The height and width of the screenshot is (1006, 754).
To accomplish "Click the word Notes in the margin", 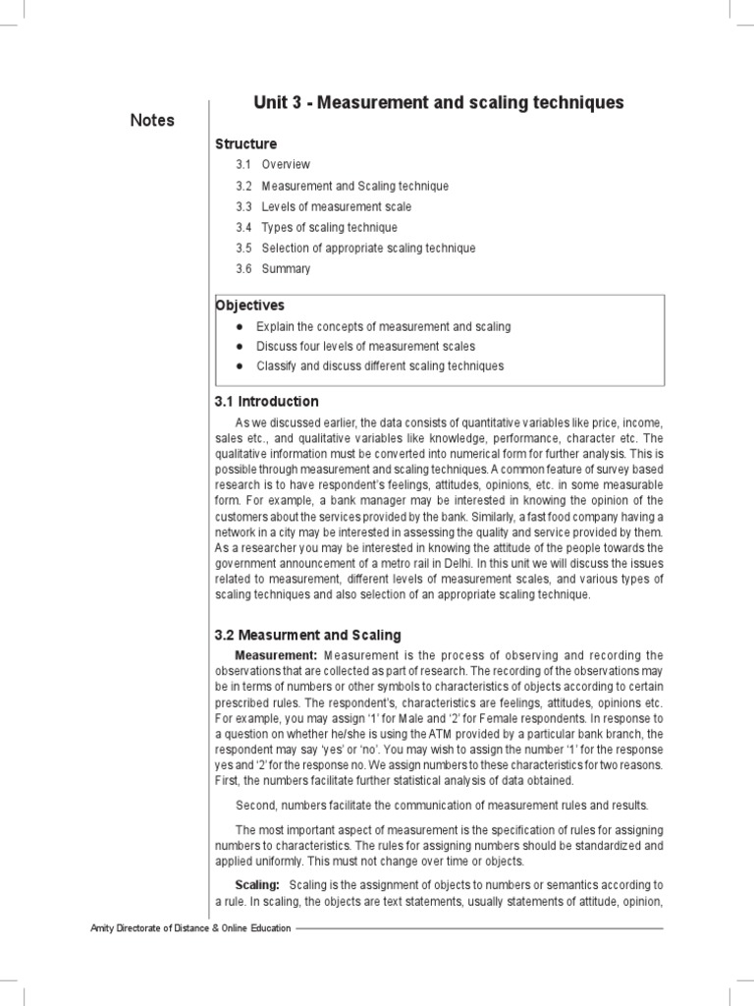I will tap(152, 120).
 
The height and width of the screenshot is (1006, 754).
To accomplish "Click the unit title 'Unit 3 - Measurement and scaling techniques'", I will tap(438, 103).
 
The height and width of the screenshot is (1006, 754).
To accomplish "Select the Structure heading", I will tap(245, 143).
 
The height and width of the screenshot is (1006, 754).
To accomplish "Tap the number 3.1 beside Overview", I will tap(243, 165).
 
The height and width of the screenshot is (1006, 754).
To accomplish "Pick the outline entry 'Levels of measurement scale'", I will tap(336, 207).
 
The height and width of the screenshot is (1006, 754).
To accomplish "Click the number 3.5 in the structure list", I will tap(243, 249).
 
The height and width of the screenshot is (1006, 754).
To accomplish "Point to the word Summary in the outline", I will tap(286, 269).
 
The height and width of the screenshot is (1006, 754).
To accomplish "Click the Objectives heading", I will tap(250, 306).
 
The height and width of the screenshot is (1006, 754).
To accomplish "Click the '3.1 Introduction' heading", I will tap(267, 401).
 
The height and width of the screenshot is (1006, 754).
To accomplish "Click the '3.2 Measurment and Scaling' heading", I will tap(308, 636).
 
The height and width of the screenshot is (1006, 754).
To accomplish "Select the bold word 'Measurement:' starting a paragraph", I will tap(276, 655).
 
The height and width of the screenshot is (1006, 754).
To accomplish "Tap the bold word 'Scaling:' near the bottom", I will tap(257, 884).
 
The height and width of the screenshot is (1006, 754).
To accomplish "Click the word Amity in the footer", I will tap(102, 928).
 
